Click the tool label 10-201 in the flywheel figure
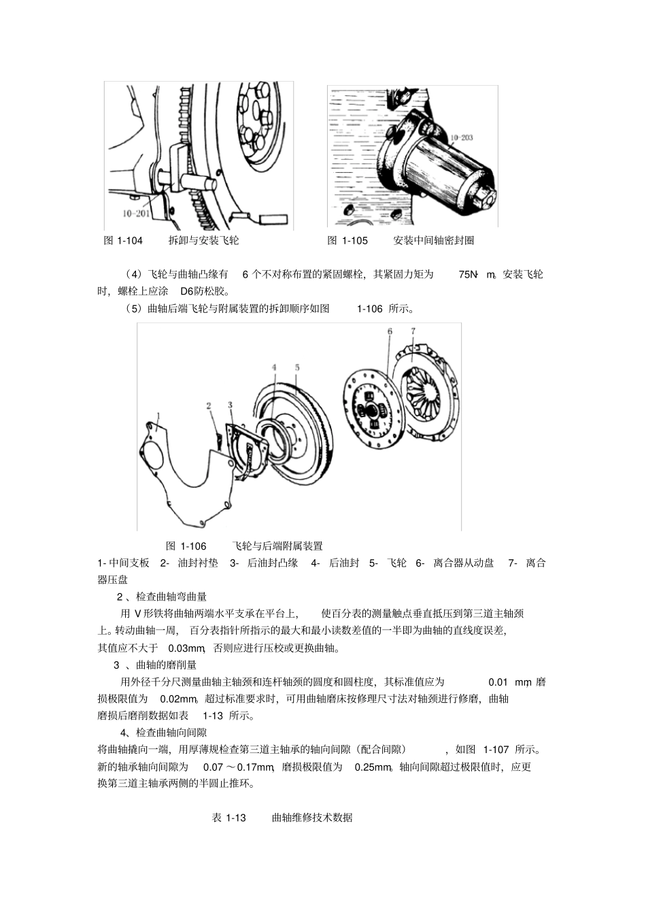click(136, 213)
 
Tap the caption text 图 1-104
click(123, 240)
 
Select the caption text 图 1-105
click(347, 240)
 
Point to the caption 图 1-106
click(186, 546)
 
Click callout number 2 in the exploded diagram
click(209, 406)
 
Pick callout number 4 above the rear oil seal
click(274, 367)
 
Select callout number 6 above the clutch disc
click(390, 331)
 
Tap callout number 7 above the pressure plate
click(413, 331)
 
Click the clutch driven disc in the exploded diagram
click(371, 408)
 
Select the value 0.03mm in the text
click(186, 648)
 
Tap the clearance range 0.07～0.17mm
click(239, 767)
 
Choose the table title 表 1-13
click(228, 818)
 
